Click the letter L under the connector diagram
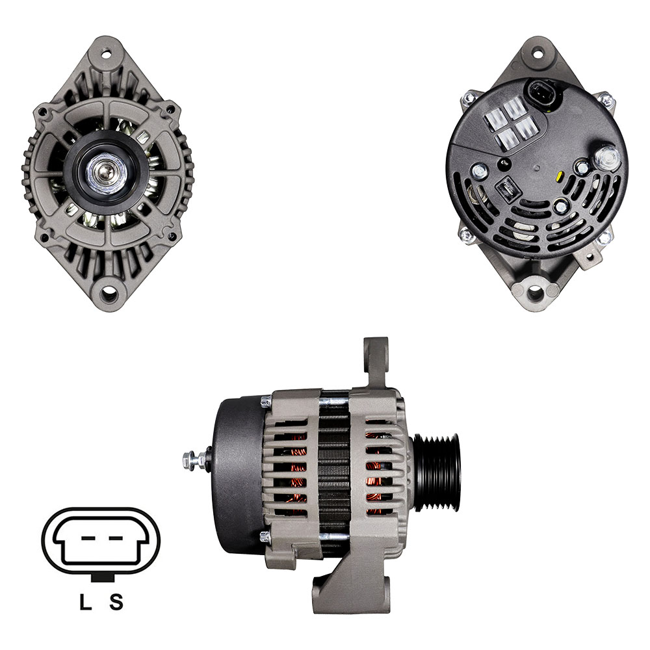pos(85,601)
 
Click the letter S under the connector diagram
pos(116,601)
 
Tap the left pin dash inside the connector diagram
pos(88,538)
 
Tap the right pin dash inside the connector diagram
pos(116,538)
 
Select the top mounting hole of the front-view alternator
pos(107,54)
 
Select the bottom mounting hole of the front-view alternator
pos(109,294)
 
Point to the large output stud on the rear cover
pos(608,157)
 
